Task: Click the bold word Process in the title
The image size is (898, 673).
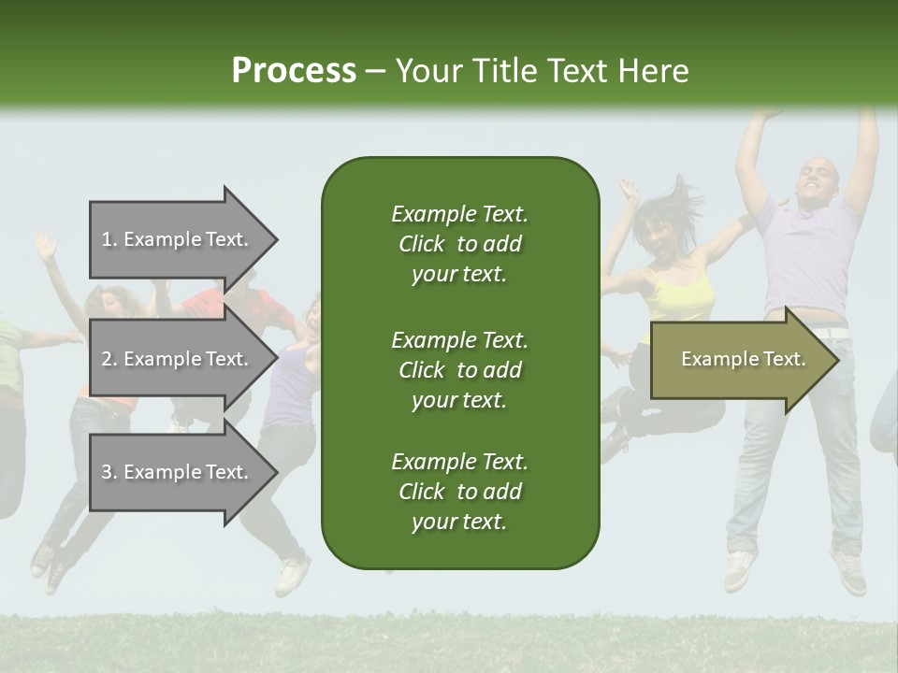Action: coord(294,70)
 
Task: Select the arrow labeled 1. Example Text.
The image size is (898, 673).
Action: coord(175,239)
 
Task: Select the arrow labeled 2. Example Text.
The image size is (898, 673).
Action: coord(175,359)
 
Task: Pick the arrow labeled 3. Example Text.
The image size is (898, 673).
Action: coord(175,472)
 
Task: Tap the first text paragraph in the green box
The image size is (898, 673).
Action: coord(459,244)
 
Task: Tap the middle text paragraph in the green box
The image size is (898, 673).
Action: coord(459,370)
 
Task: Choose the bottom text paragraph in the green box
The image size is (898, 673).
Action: coord(459,492)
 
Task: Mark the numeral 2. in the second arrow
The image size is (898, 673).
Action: coord(109,359)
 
